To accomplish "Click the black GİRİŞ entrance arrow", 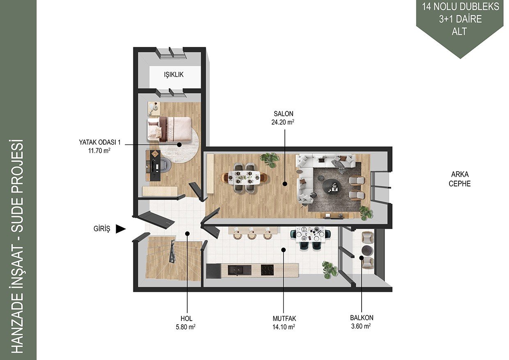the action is coord(121,229).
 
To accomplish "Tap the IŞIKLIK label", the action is coord(174,75).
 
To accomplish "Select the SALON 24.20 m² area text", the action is coord(283,118).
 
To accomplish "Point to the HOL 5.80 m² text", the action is coord(186,323).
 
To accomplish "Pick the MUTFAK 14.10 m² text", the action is coord(284,323).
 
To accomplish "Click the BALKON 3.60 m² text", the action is coord(362,322).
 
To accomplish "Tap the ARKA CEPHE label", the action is coord(460,179).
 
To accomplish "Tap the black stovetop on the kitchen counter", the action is coord(267,270).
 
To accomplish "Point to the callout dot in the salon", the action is coord(284,184).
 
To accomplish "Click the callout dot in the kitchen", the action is coord(283,250).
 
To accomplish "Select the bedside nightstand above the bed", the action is coord(154,109).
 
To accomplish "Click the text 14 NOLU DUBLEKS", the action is coord(461,7).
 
